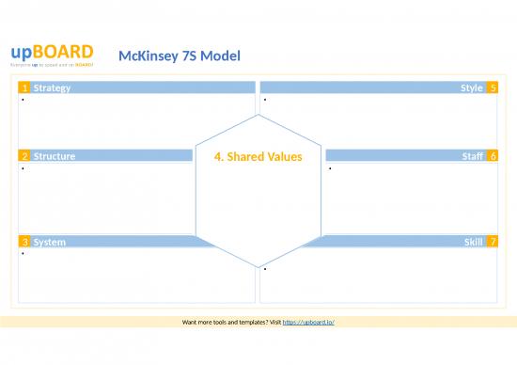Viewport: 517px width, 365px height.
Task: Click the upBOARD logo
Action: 52,53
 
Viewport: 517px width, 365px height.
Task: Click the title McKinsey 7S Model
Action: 180,56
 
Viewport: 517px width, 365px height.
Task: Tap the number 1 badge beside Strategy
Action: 23,87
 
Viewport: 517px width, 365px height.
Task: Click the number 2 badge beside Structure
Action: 23,155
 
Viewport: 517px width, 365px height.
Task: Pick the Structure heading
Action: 54,155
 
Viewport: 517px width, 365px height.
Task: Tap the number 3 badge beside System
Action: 23,242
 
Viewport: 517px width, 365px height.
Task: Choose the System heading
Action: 49,242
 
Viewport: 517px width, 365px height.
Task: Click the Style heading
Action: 471,87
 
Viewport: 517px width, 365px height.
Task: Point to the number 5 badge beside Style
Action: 493,87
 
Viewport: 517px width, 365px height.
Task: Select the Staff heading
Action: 473,155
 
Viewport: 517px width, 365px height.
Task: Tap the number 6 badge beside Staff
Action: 493,155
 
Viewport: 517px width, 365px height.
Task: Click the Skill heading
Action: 474,242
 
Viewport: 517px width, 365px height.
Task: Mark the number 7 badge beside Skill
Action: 493,242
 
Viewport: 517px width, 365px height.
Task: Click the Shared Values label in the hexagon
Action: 258,156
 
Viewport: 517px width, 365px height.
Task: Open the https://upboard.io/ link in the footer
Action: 308,322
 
